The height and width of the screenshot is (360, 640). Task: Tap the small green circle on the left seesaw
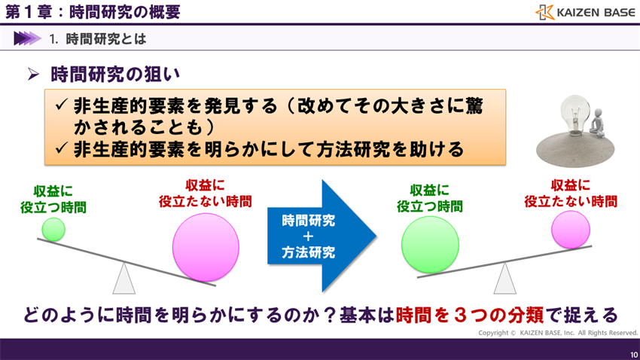tap(53, 229)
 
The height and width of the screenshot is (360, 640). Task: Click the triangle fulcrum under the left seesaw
tap(123, 278)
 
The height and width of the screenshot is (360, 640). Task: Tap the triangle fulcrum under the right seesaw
tap(504, 279)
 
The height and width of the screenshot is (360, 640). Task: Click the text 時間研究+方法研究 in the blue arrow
tap(309, 236)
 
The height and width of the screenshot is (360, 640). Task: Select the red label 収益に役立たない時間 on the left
tap(205, 193)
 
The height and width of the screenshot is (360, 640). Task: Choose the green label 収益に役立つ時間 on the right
tap(430, 198)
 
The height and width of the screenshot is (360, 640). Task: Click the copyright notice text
tap(558, 332)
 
